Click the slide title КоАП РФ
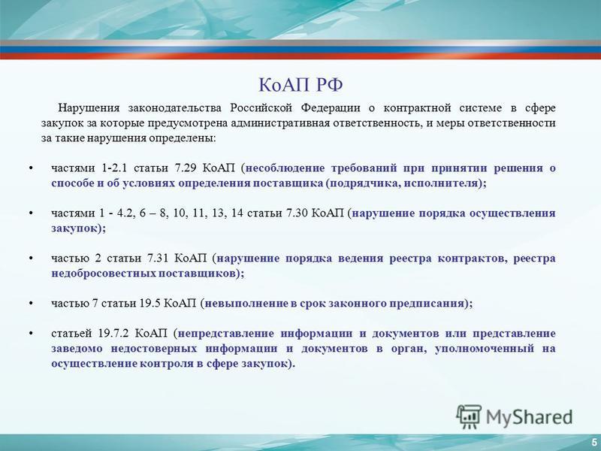click(x=300, y=85)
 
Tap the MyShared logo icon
click(x=469, y=417)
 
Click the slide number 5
click(x=594, y=440)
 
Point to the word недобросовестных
click(x=104, y=274)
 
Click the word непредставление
click(x=226, y=333)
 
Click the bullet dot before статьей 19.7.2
click(x=31, y=333)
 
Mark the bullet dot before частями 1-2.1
click(x=31, y=168)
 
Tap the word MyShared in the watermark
click(x=530, y=417)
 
